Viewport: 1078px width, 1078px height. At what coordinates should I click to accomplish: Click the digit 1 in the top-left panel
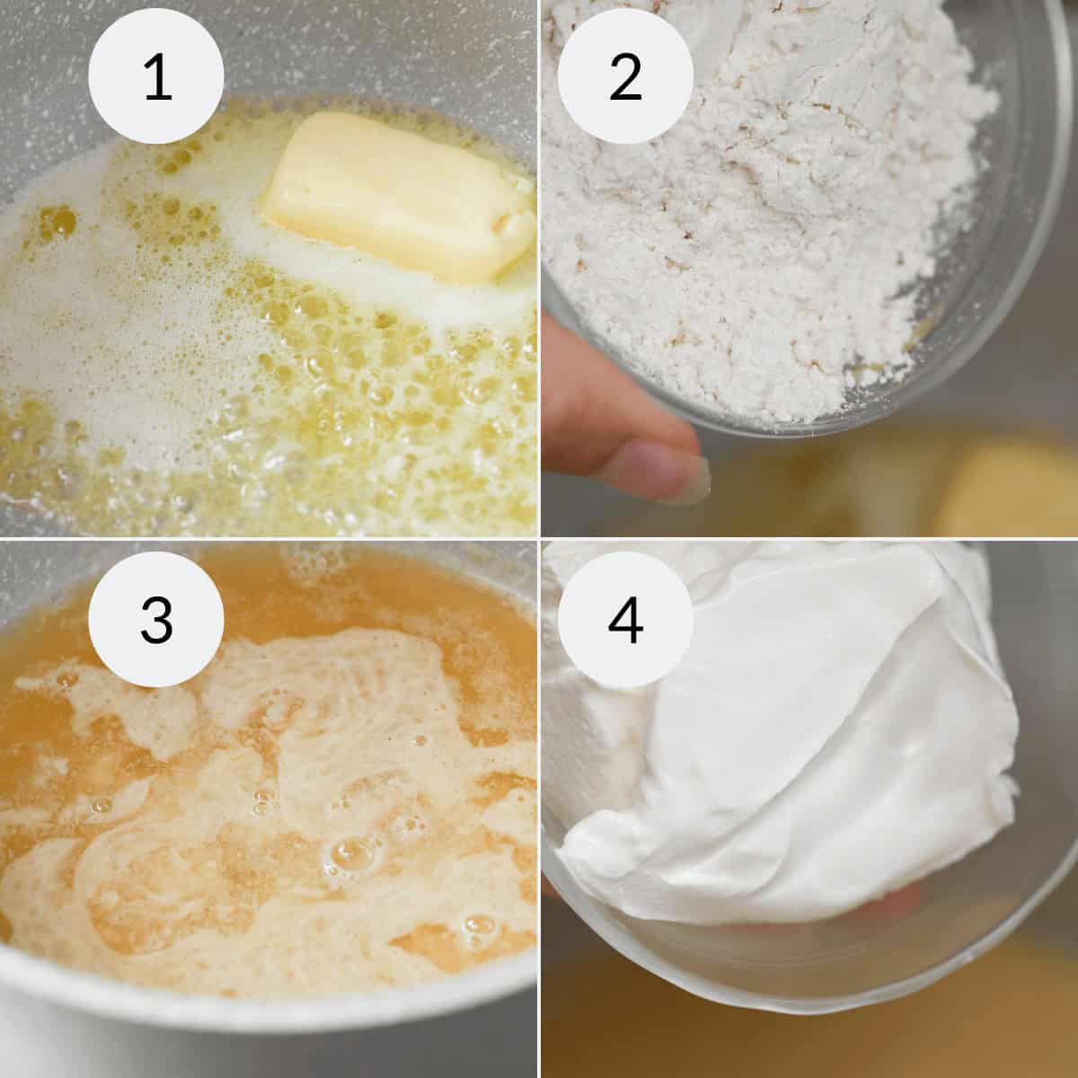(157, 78)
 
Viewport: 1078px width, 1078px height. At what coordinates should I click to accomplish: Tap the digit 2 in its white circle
(624, 78)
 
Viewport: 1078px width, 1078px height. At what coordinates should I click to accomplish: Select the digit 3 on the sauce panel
(157, 620)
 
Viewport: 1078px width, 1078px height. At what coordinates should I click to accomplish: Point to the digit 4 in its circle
(624, 620)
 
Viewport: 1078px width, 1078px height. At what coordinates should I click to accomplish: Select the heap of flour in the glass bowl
(764, 225)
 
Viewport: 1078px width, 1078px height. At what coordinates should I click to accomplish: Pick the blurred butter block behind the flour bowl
(1006, 494)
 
